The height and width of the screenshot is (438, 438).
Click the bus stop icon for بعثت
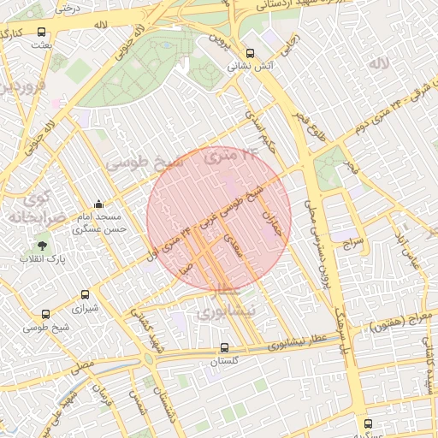point(42,32)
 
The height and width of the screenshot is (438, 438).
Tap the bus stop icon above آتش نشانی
point(250,52)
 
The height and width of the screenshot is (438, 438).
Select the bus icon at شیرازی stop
point(84,294)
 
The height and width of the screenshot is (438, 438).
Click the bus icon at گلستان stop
point(224,348)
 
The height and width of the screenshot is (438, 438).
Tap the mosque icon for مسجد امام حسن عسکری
point(99,204)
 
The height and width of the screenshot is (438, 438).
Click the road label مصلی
point(83,365)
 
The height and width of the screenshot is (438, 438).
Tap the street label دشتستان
point(163,395)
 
